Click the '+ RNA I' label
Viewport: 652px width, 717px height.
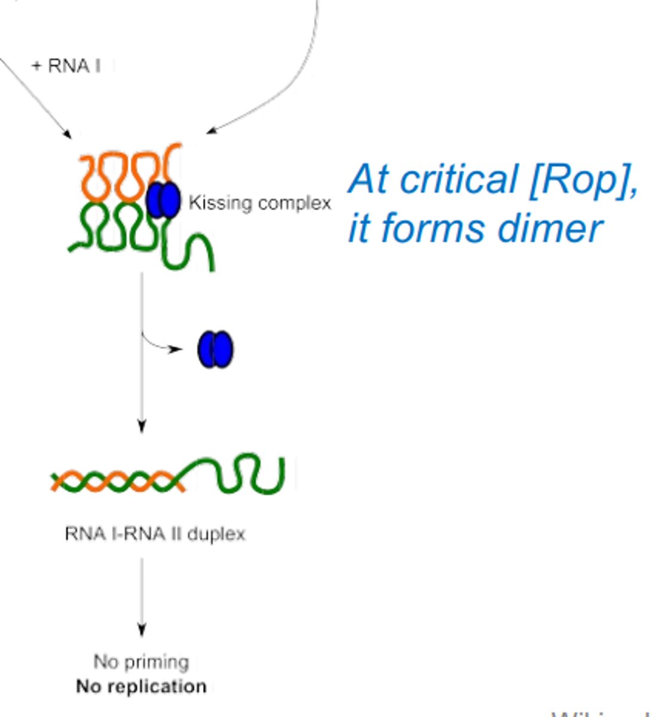pos(66,66)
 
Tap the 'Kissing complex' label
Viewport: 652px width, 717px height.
pos(259,203)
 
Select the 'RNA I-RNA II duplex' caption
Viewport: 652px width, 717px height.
pos(155,534)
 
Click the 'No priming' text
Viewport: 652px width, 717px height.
pos(141,662)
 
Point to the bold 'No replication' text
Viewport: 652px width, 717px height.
pos(141,687)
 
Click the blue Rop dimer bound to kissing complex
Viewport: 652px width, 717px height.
pos(163,200)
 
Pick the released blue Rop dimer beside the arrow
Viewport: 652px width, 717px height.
pos(215,350)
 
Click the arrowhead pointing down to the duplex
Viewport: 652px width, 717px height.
pos(142,425)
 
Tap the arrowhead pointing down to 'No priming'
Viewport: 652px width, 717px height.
pos(142,629)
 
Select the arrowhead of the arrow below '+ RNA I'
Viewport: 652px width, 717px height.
pos(68,134)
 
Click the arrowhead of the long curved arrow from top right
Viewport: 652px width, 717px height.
pos(210,131)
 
